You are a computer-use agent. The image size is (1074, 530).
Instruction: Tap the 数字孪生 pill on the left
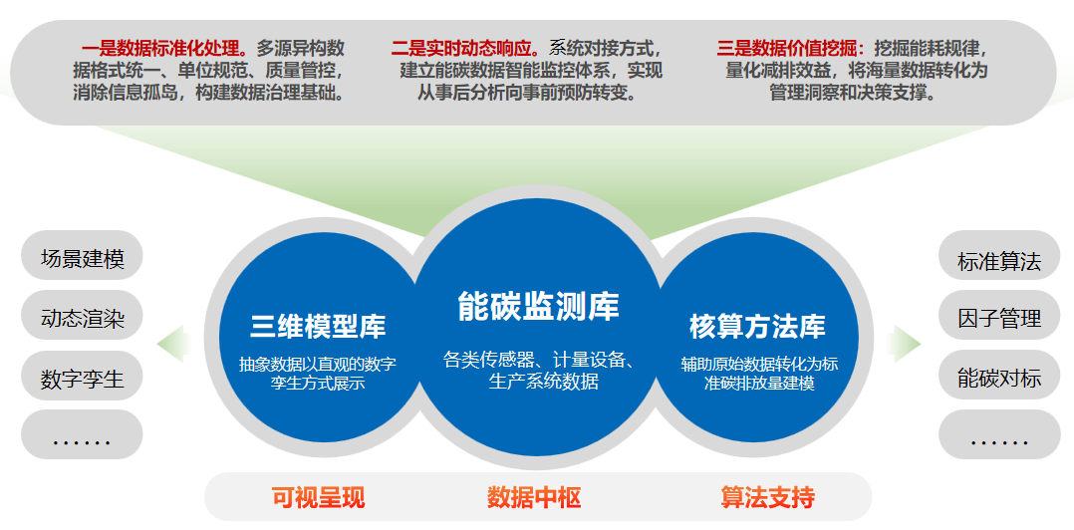[x=82, y=376]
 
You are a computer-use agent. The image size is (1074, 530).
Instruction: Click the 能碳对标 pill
[x=998, y=376]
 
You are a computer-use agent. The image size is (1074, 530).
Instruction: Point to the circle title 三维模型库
[x=318, y=326]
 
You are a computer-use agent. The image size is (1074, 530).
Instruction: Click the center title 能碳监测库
[x=538, y=306]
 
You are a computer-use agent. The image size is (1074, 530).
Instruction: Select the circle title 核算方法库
[x=757, y=326]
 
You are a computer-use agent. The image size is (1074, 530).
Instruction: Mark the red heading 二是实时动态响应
[x=470, y=49]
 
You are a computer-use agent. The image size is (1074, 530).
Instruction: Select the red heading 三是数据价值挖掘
[x=790, y=49]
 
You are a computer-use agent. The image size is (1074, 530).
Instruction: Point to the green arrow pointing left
[x=173, y=344]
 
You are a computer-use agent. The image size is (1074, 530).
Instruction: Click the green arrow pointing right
[x=905, y=344]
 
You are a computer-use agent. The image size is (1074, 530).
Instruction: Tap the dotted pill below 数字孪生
[x=82, y=434]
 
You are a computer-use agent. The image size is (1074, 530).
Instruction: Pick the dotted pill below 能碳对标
[x=998, y=434]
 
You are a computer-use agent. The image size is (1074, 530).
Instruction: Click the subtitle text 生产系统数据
[x=543, y=382]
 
